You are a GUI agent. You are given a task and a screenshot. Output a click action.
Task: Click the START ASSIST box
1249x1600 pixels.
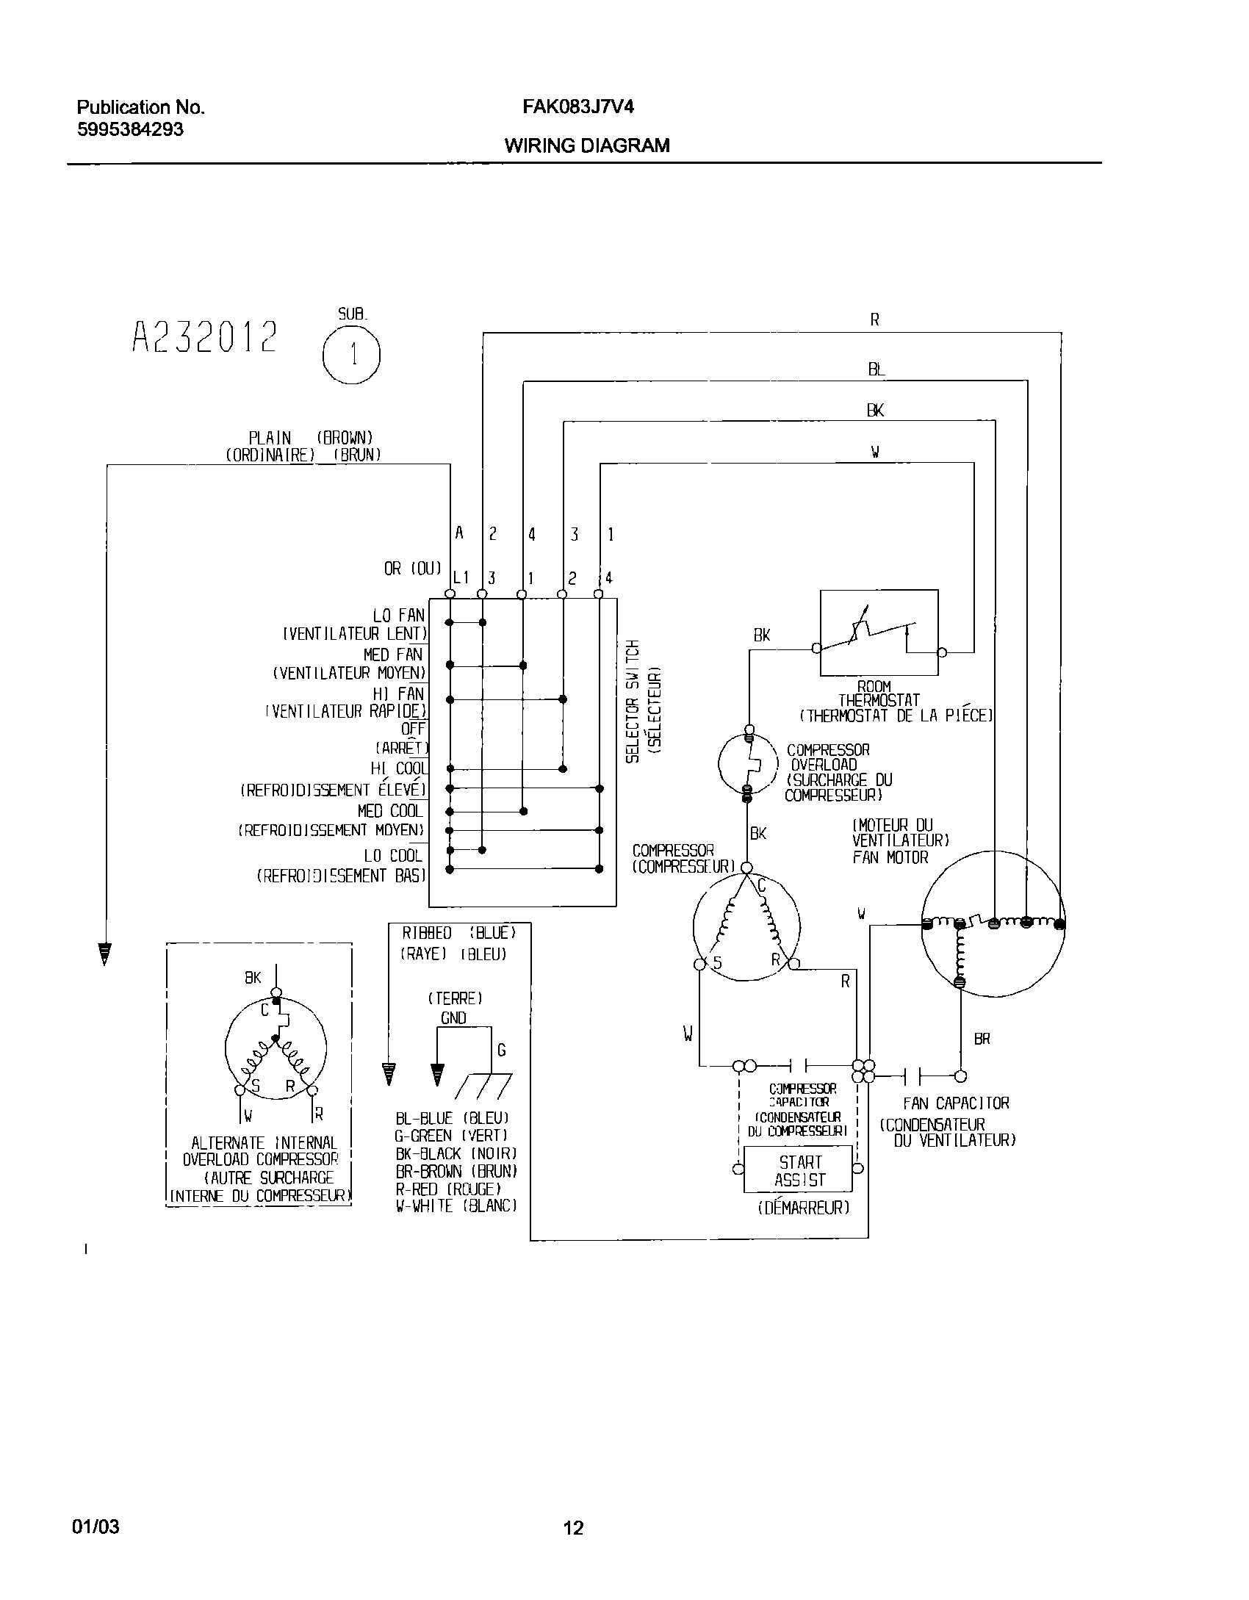coord(799,1171)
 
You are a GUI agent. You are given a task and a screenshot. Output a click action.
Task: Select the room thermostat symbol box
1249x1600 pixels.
coord(879,633)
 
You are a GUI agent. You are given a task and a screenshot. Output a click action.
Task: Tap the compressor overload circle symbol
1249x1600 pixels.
coord(748,764)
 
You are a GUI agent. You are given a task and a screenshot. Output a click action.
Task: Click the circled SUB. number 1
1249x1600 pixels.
coord(351,356)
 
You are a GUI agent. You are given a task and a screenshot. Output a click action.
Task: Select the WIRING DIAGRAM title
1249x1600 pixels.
coord(586,145)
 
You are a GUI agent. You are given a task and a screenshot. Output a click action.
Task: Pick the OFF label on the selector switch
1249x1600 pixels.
coord(413,729)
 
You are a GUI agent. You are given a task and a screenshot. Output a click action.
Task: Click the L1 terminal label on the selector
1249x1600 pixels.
coord(461,578)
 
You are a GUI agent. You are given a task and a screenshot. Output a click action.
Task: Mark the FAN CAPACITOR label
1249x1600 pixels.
coord(956,1103)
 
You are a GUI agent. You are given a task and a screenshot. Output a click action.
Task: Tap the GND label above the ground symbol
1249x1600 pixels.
coord(453,1018)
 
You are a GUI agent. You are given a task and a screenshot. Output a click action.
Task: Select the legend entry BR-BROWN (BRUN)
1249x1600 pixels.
coord(456,1171)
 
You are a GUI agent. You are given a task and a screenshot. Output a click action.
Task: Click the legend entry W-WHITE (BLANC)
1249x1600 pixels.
coord(456,1206)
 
